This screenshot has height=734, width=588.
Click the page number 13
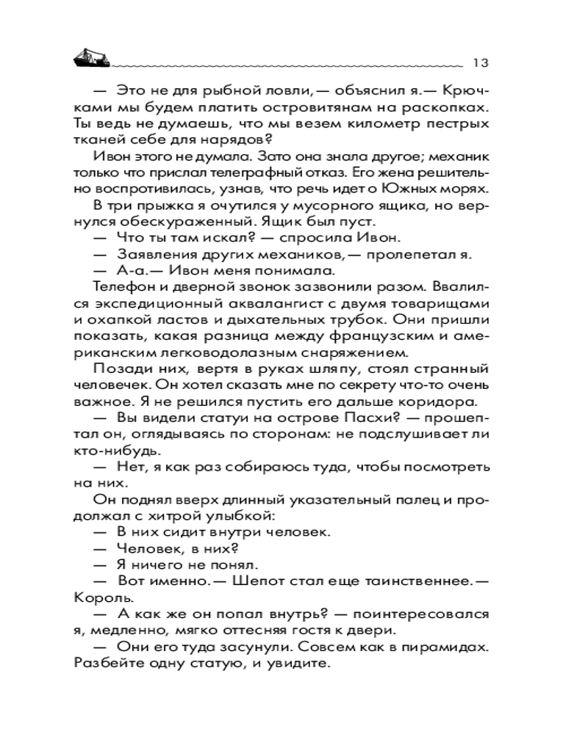[481, 62]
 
